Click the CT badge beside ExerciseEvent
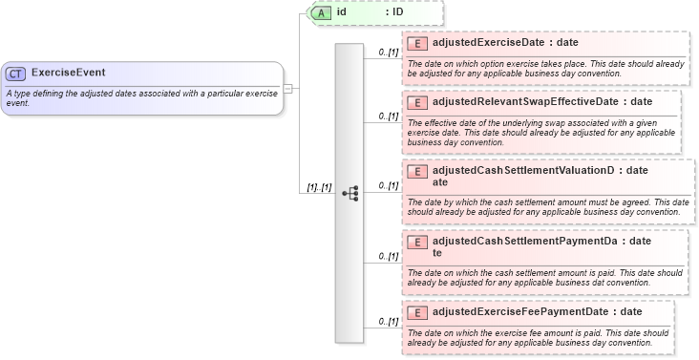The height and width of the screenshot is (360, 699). [x=15, y=73]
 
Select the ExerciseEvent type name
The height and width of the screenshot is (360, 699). [x=68, y=73]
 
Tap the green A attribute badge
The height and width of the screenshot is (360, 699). [x=322, y=13]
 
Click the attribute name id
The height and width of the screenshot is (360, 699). [x=341, y=13]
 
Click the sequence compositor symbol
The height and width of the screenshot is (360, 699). [x=349, y=192]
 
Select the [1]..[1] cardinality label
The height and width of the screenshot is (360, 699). [x=318, y=187]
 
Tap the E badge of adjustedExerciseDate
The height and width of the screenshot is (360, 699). [x=416, y=44]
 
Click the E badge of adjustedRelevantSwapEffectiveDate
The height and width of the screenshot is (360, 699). [x=416, y=102]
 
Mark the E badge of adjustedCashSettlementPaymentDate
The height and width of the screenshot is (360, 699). [x=416, y=242]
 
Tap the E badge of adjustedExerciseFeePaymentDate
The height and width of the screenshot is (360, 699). [x=416, y=312]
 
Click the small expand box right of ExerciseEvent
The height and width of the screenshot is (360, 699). [x=287, y=88]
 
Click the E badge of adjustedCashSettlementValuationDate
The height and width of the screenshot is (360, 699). [x=416, y=172]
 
